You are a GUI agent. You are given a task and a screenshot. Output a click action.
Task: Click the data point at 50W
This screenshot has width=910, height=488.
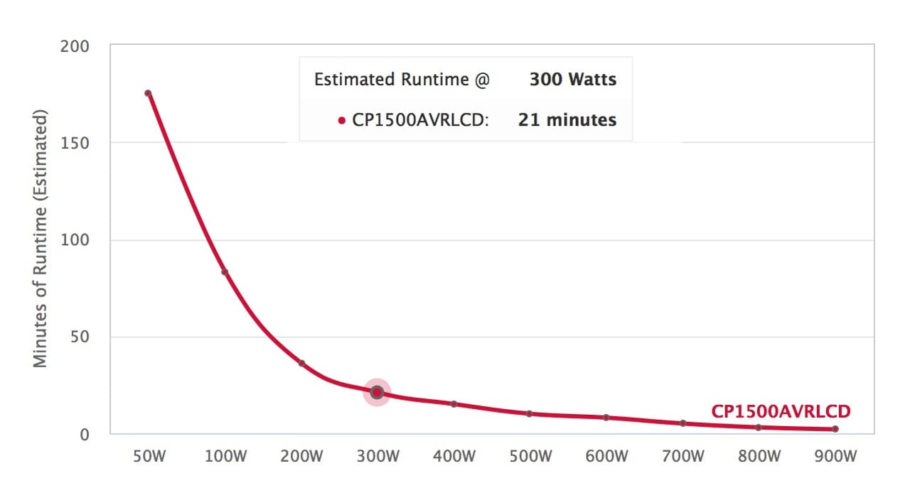148,93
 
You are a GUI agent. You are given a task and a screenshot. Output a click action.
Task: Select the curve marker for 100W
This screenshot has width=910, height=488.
225,272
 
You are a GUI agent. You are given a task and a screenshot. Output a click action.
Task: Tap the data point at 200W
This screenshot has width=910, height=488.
301,363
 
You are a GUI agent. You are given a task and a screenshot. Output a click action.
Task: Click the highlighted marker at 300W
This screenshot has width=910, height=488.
377,392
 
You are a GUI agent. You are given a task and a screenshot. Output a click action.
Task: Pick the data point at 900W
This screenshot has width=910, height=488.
835,429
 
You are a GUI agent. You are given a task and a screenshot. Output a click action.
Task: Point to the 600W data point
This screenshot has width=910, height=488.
606,418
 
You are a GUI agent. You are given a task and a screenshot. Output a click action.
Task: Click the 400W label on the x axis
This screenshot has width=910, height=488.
454,456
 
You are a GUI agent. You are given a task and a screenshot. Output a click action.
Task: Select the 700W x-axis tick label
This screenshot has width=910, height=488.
682,456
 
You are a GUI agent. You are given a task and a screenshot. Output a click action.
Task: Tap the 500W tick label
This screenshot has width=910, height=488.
530,456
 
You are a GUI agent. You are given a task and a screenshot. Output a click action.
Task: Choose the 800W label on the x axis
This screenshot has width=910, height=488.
759,456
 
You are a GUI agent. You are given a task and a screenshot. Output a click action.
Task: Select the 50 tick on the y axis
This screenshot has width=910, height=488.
80,337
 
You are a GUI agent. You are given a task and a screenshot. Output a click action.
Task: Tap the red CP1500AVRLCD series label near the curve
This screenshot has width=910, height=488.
781,411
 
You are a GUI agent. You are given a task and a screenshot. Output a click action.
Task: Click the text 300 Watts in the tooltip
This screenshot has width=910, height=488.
573,79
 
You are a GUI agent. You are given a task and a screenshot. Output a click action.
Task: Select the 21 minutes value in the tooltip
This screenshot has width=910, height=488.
567,120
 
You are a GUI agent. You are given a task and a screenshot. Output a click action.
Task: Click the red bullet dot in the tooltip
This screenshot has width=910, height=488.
342,121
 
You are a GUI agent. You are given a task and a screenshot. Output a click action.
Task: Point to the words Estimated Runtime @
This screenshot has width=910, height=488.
402,79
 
